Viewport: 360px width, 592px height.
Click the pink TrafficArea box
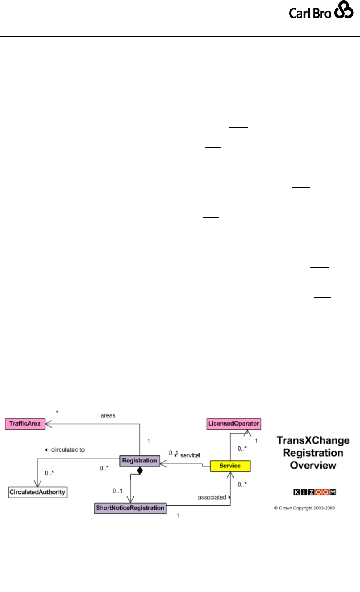(x=25, y=424)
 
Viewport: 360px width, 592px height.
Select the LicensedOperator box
(x=234, y=424)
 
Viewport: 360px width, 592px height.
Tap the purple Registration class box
(x=140, y=461)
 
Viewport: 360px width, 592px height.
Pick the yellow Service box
(x=230, y=466)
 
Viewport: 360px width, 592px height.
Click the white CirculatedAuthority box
(x=38, y=492)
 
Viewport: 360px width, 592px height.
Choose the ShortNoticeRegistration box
(x=130, y=508)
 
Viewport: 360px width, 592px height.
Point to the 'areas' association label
(x=108, y=415)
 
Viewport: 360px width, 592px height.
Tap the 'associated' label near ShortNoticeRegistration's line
(x=212, y=497)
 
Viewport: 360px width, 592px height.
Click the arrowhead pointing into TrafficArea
(x=49, y=424)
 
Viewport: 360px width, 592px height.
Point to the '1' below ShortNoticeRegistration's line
(x=178, y=516)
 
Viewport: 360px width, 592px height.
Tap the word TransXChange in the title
(x=313, y=440)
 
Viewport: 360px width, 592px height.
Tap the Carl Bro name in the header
(x=310, y=14)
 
